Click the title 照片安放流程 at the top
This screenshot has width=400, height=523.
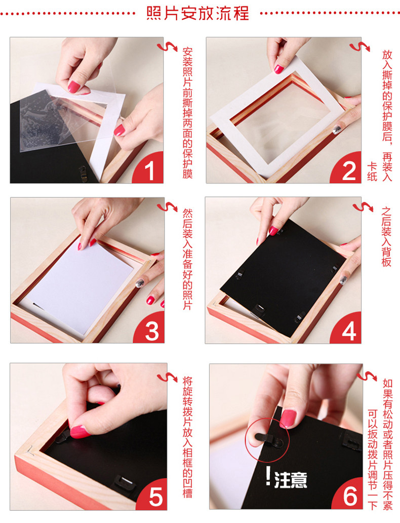pos(197,13)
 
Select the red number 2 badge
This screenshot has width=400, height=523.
pos(347,169)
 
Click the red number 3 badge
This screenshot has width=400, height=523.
pos(150,329)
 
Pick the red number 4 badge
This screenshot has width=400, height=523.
pos(347,329)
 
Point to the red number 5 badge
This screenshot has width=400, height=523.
pos(153,495)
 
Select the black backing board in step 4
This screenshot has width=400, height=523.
pos(283,277)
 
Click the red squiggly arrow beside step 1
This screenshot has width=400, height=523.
pos(167,46)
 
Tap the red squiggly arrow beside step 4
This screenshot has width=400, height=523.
pos(363,207)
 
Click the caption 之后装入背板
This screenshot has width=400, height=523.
pos(386,237)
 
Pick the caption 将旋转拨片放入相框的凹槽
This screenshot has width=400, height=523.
pos(187,437)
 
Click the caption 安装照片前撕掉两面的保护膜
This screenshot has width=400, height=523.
pos(187,113)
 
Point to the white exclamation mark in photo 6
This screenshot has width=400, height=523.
pos(268,476)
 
